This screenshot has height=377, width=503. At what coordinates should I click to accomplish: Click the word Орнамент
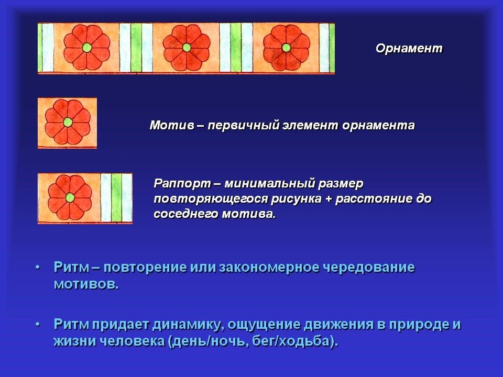409,48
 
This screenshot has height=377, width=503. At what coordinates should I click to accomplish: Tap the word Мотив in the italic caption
172,125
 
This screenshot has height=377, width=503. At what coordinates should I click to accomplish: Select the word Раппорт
182,184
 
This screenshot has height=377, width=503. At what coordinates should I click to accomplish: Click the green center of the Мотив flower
68,122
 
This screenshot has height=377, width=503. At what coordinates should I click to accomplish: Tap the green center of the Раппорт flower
70,197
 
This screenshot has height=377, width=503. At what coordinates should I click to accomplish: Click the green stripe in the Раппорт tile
116,197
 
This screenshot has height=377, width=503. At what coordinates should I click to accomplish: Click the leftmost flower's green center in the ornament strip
86,48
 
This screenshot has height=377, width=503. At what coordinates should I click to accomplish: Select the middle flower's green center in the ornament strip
187,48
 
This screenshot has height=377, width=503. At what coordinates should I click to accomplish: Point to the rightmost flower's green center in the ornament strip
287,48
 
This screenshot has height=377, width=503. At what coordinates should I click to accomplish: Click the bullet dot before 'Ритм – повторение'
38,268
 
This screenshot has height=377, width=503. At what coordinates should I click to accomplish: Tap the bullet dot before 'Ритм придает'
38,325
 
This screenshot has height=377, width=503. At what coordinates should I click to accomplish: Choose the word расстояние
374,199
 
